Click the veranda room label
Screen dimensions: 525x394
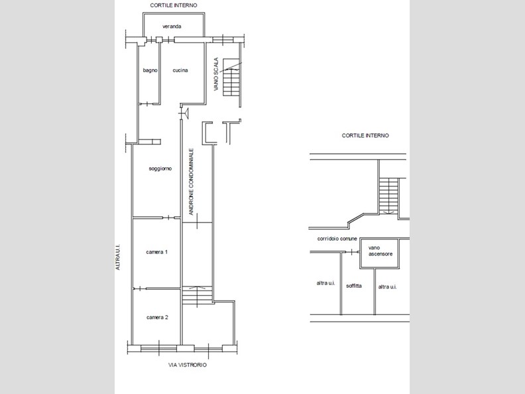pos(172,26)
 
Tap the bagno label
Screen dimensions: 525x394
pos(150,70)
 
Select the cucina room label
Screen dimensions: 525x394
pos(180,70)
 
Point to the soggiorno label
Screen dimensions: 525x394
pos(160,168)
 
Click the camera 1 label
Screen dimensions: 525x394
pos(156,252)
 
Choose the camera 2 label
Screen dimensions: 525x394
pos(157,317)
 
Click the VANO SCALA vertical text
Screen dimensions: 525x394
pos(216,74)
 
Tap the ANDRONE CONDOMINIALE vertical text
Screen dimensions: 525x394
pos(191,182)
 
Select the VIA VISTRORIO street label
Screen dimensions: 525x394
pos(188,365)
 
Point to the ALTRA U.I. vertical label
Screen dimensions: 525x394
pos(117,257)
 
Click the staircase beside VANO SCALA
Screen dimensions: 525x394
pos(232,77)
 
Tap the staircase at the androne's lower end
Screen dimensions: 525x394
pos(198,295)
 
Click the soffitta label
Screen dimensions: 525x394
pos(354,286)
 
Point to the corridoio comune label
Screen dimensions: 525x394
pos(337,239)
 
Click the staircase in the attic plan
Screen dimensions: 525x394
pos(388,196)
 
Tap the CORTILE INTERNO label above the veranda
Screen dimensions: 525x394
pos(174,5)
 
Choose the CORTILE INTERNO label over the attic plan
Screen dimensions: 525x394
pos(365,135)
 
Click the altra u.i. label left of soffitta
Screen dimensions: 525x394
pos(325,283)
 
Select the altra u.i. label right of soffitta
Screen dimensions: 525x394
pos(387,287)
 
